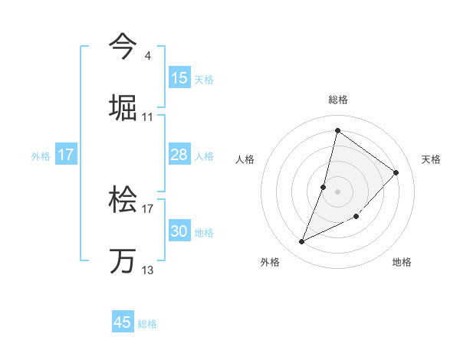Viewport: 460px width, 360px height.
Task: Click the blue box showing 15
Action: tap(179, 78)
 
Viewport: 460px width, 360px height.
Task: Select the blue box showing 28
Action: tap(179, 155)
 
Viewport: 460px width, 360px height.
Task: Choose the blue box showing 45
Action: tap(123, 322)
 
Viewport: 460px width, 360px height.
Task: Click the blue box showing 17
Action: tap(66, 155)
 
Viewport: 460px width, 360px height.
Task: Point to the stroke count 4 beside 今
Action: tap(147, 55)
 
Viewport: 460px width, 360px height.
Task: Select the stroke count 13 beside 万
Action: tap(148, 270)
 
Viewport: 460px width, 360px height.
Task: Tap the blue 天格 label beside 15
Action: tap(204, 79)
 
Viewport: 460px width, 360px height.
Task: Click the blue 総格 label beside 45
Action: tap(147, 323)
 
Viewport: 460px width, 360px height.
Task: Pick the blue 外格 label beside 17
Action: tap(41, 156)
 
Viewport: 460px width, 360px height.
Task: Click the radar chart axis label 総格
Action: tap(338, 100)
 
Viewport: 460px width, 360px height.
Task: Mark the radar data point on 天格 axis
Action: tap(396, 172)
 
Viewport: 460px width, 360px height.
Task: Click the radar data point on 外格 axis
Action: tap(302, 242)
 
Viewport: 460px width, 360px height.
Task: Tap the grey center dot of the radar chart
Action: tap(337, 191)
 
